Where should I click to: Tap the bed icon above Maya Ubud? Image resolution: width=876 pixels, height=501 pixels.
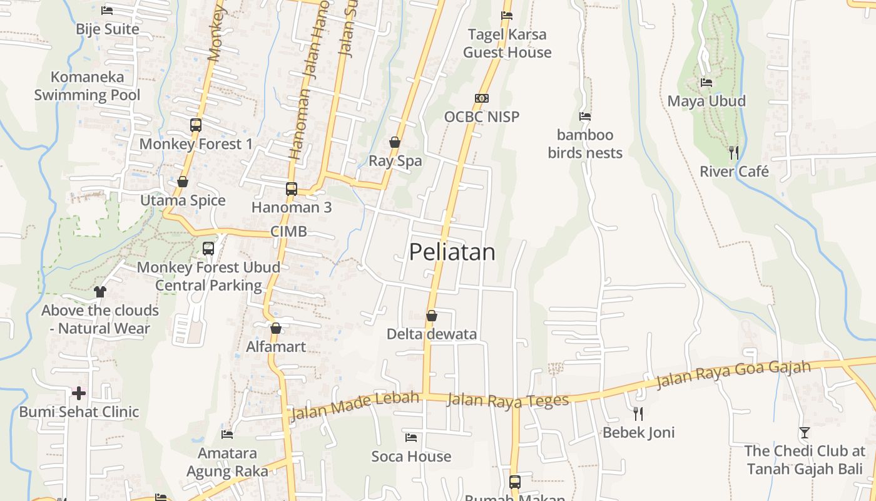[706, 82]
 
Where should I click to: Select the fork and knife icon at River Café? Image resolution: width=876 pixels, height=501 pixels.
[734, 152]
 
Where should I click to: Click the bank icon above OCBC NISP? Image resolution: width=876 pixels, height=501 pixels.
[481, 98]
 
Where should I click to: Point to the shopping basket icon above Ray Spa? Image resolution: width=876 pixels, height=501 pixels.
[395, 142]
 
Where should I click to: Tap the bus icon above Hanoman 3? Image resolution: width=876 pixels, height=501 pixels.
[291, 189]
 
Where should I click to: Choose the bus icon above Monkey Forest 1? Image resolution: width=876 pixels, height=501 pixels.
[196, 125]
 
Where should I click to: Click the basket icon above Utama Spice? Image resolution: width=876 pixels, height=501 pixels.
[183, 182]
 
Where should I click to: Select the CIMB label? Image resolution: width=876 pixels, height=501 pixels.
[288, 232]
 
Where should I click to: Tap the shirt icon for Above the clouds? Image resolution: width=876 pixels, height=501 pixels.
[100, 291]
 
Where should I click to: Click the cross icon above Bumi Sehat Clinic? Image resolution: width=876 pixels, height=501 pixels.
[79, 393]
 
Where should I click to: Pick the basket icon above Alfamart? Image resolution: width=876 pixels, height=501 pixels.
[276, 328]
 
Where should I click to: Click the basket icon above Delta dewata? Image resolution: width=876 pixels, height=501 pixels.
[431, 316]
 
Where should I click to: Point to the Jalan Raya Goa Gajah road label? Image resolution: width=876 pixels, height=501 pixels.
[733, 374]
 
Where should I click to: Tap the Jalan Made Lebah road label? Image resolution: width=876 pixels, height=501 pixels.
[354, 405]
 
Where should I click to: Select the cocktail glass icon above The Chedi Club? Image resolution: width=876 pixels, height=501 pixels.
[804, 432]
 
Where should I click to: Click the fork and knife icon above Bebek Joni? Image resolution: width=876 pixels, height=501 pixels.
[638, 413]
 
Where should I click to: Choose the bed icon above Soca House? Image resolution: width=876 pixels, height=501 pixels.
[411, 437]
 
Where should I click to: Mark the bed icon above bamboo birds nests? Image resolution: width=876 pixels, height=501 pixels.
[585, 116]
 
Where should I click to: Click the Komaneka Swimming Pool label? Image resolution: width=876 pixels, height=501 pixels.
[87, 86]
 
